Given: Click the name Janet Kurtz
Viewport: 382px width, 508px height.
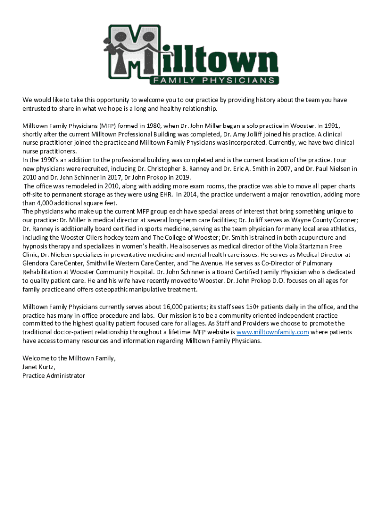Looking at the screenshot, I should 39,367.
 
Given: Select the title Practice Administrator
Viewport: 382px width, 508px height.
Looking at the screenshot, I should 54,376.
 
